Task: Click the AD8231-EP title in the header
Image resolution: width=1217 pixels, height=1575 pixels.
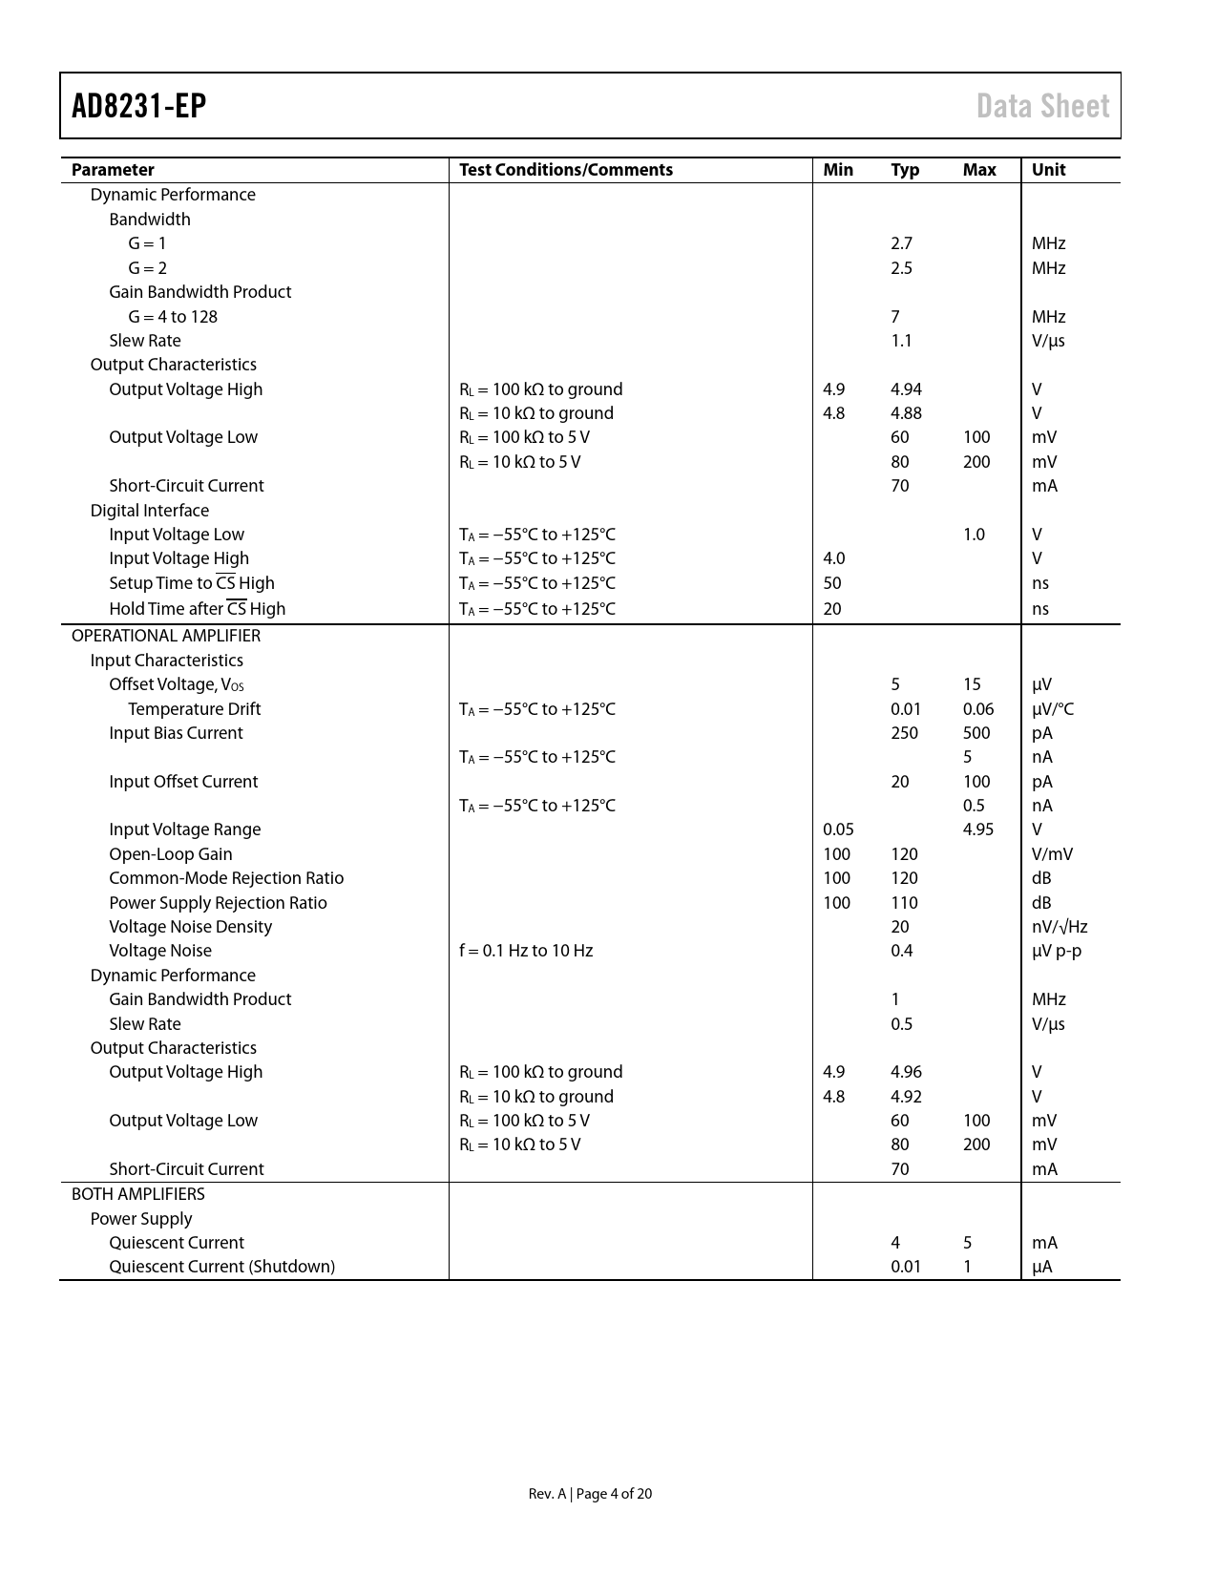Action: (x=139, y=106)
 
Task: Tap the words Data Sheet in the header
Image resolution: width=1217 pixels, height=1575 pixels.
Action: (x=1042, y=106)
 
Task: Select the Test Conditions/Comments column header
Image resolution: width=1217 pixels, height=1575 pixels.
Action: (x=566, y=170)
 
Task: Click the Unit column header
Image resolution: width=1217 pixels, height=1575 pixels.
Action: (x=1048, y=170)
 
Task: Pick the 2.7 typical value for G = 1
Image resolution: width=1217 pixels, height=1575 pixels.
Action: (x=901, y=243)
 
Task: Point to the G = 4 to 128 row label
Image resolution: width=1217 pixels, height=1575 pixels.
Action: (x=173, y=317)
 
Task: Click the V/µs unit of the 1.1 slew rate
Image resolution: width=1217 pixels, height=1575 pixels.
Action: (x=1048, y=341)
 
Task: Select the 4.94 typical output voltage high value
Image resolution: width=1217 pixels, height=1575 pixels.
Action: (x=906, y=389)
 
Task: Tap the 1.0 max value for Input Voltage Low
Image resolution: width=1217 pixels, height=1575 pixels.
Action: (x=974, y=535)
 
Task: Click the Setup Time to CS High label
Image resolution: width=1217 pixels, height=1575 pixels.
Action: (x=191, y=583)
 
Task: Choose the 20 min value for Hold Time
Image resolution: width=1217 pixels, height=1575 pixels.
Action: (x=832, y=609)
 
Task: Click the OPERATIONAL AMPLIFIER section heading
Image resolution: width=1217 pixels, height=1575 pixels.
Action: (x=166, y=636)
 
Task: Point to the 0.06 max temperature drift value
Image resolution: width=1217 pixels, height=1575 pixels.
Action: (x=978, y=709)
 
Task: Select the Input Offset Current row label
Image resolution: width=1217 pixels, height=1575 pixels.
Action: (x=183, y=782)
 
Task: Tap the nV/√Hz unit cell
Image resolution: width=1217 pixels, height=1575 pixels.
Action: (x=1060, y=927)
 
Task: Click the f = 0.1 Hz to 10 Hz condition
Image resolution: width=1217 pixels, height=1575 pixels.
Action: (x=526, y=951)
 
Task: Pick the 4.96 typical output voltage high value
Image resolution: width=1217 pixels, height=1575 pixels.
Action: (x=906, y=1072)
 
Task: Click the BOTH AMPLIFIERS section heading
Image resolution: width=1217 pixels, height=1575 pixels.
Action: (x=138, y=1194)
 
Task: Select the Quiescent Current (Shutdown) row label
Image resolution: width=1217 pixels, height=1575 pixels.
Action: (x=221, y=1267)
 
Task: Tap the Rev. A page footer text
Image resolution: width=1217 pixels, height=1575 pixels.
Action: (x=590, y=1494)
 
